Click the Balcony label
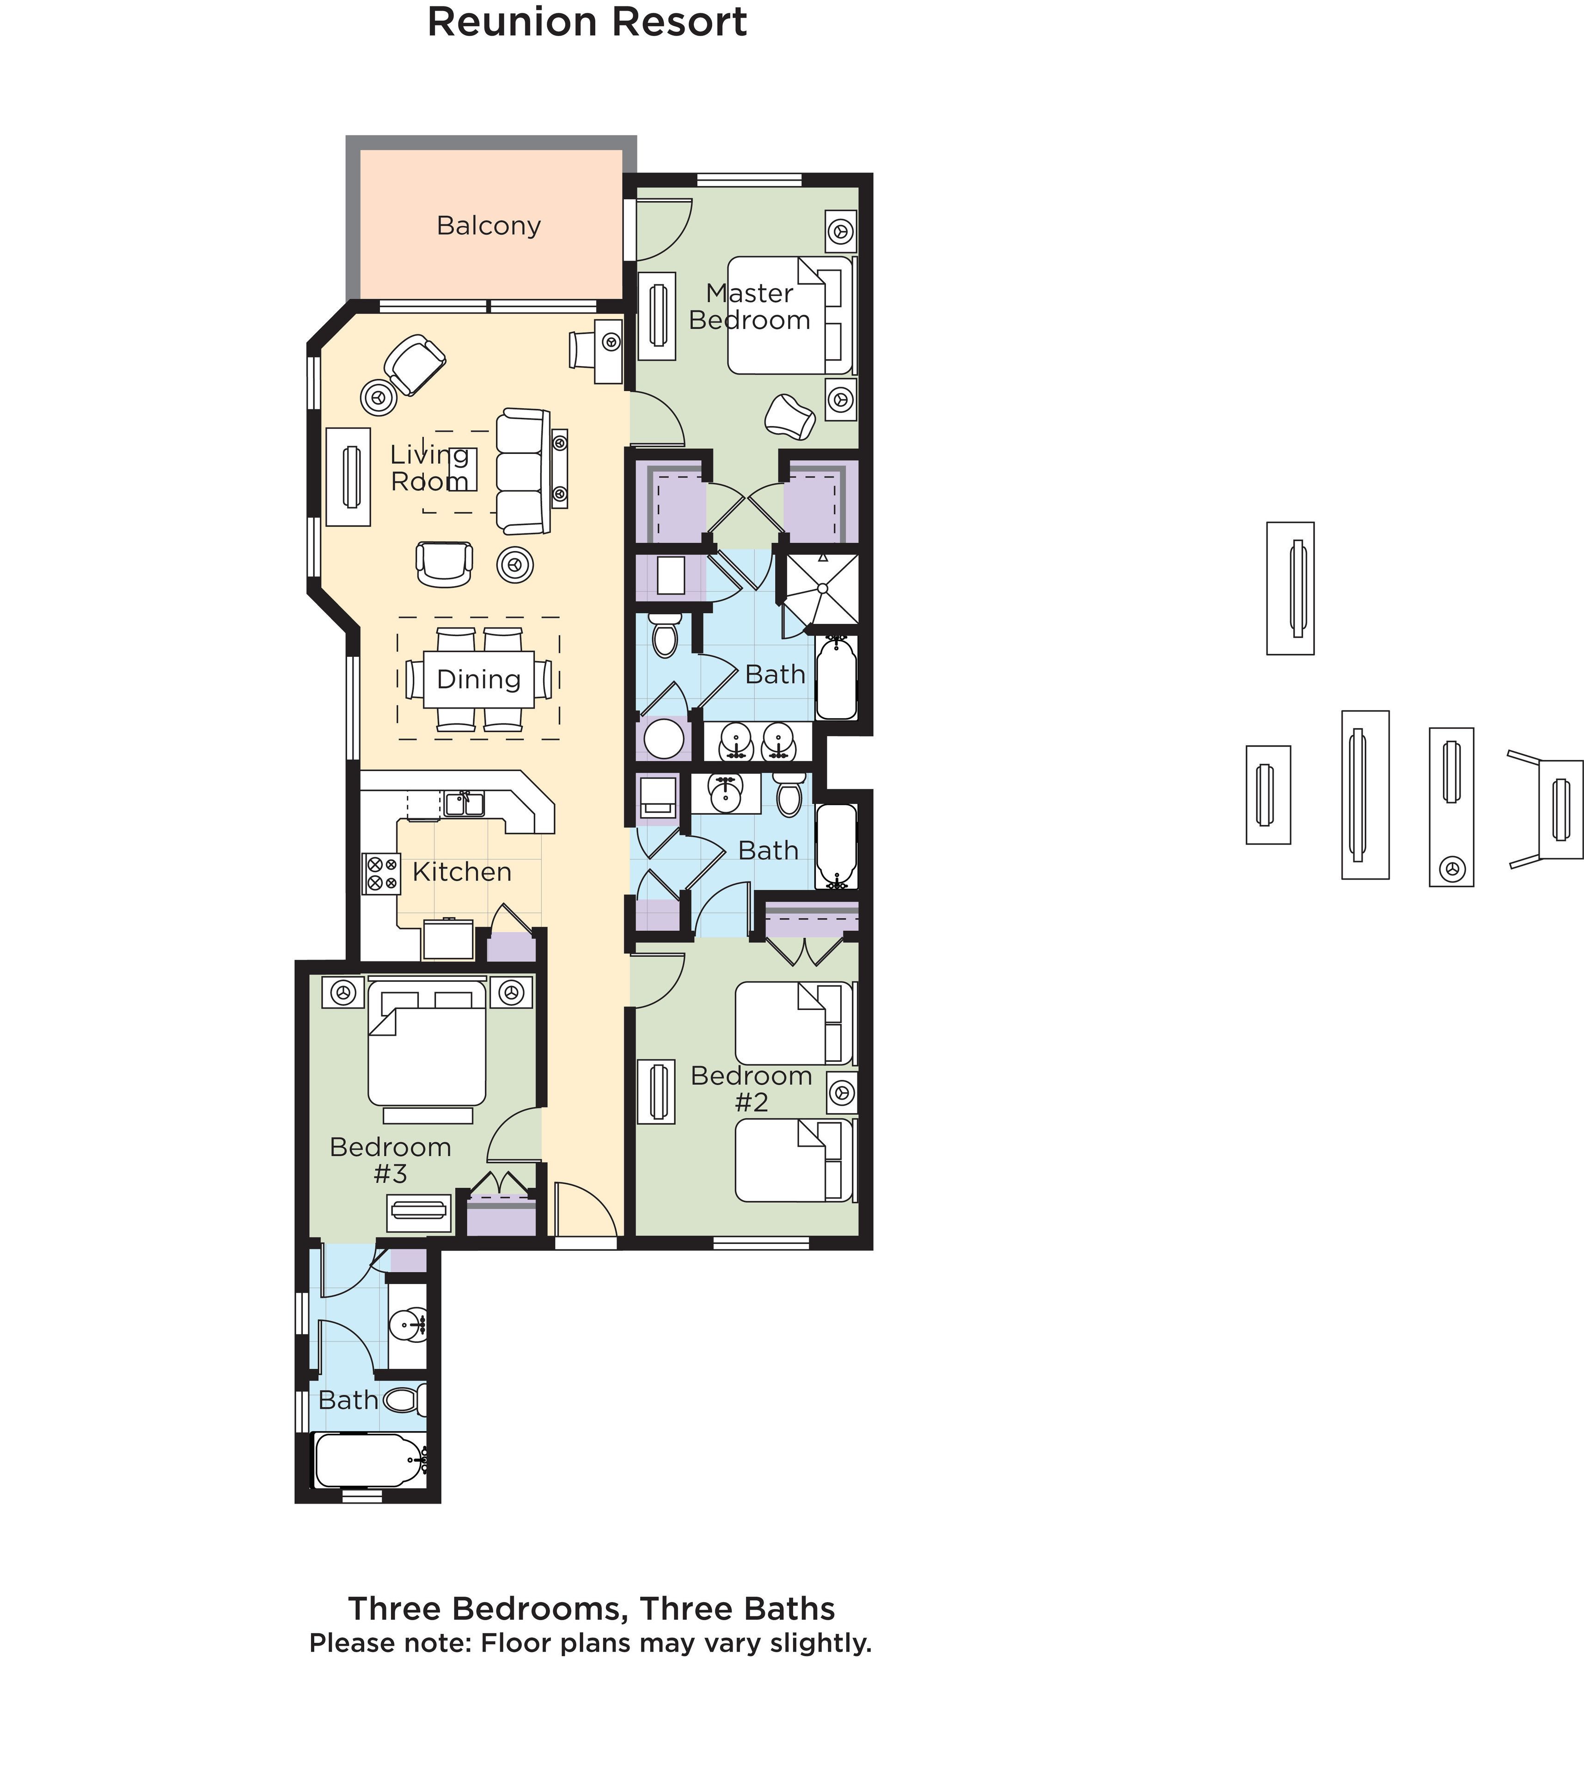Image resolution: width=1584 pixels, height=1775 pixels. click(488, 226)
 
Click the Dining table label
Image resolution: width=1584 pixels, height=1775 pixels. click(478, 679)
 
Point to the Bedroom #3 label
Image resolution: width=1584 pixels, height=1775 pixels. click(390, 1160)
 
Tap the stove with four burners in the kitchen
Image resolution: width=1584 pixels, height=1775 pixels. click(381, 873)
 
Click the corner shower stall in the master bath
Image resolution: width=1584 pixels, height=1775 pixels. click(822, 588)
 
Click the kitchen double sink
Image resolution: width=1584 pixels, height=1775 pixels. click(464, 802)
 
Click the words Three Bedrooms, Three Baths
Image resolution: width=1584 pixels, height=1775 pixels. click(591, 1609)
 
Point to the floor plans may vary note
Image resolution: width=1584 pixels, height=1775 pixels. click(590, 1644)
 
